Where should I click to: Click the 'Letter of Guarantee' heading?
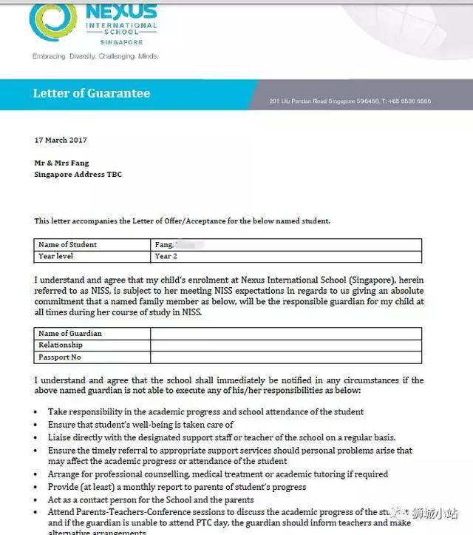click(91, 93)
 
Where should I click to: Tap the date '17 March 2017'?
click(61, 140)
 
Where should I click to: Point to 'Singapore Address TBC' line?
click(78, 175)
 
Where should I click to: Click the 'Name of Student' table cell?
click(67, 245)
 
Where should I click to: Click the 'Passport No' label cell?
click(60, 357)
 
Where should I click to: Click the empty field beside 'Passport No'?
click(285, 357)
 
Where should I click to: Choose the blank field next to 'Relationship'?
click(285, 346)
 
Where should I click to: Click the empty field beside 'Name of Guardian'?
click(285, 334)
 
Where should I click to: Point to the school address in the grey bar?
click(350, 101)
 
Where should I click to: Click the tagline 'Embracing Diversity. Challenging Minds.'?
click(95, 56)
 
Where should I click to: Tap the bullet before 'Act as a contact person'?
click(38, 499)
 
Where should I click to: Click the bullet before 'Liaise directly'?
click(38, 438)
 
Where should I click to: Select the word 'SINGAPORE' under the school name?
click(122, 42)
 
